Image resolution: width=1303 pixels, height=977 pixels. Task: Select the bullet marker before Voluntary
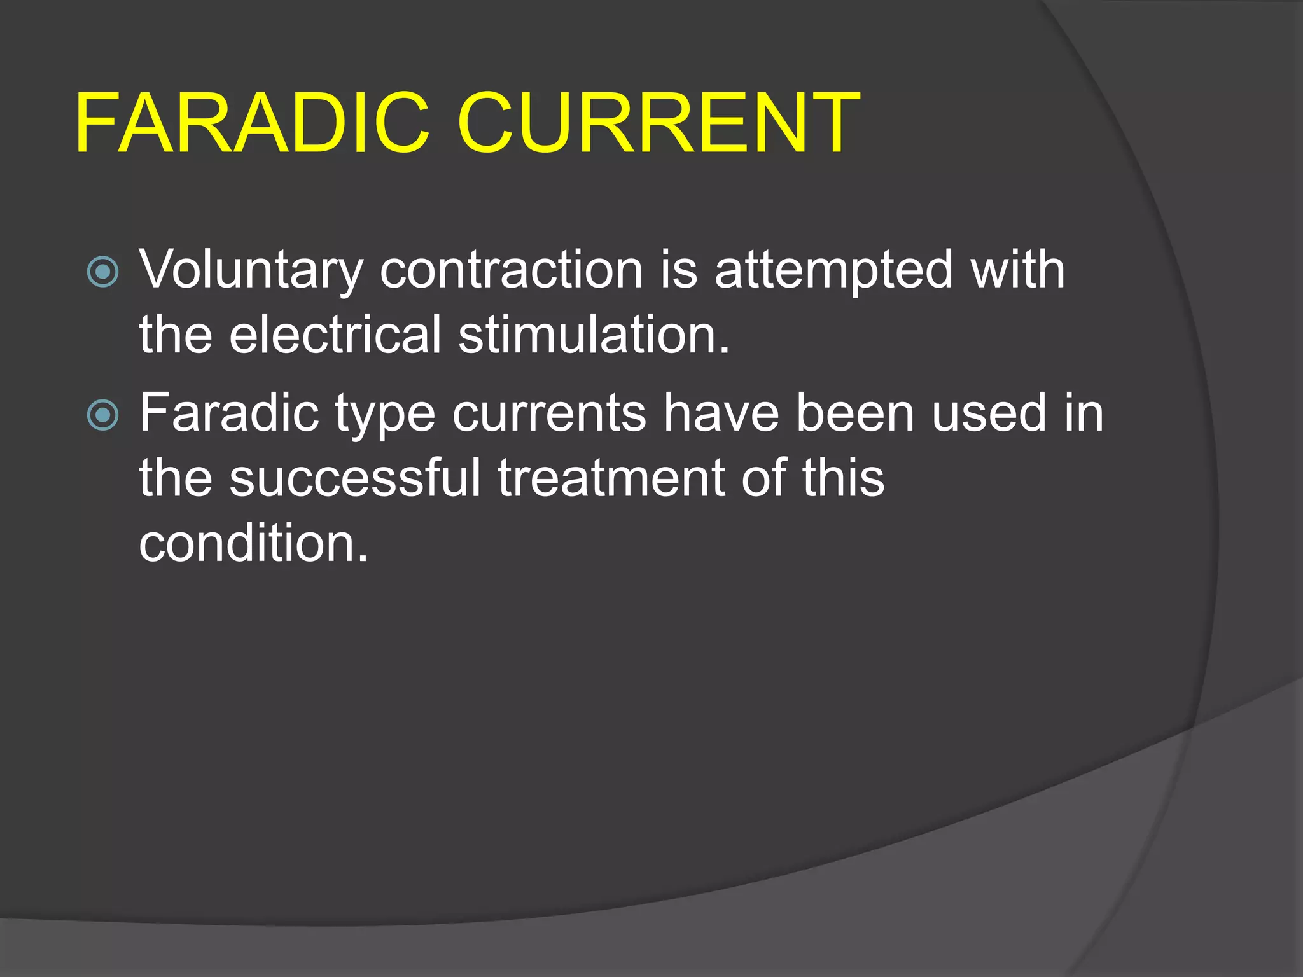(102, 272)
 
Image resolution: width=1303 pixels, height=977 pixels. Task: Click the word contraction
(511, 270)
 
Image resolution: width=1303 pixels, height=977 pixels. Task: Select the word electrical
(335, 335)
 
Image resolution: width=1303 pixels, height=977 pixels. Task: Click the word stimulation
(594, 335)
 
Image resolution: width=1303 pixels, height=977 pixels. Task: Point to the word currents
(549, 414)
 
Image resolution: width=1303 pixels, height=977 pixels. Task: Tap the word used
(989, 413)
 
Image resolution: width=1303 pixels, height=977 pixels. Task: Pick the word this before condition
(843, 478)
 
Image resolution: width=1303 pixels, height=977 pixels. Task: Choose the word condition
(253, 543)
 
